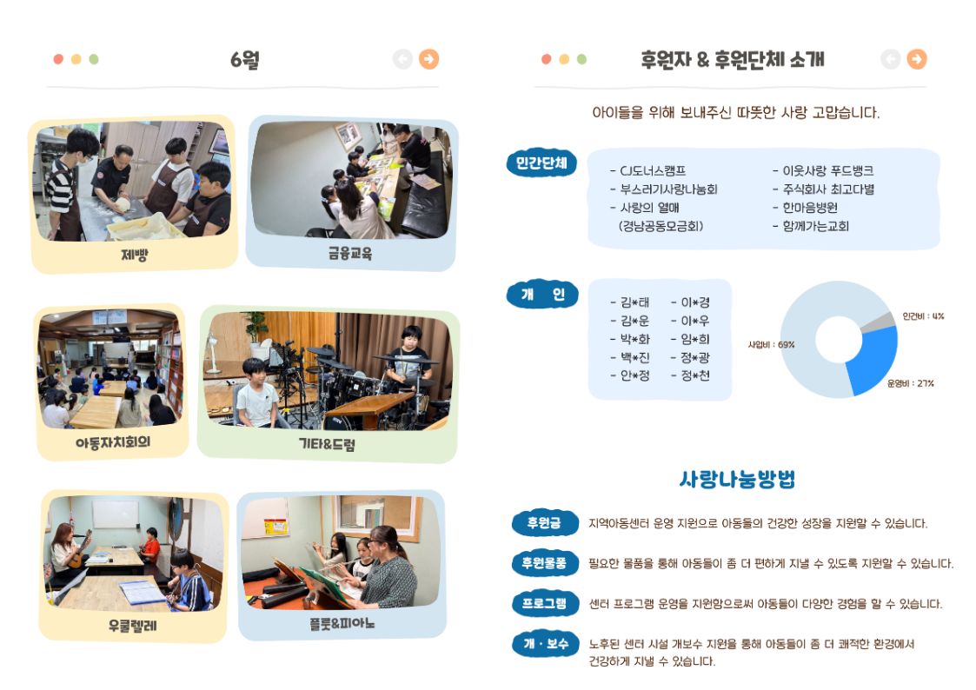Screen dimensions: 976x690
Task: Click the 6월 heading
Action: pyautogui.click(x=244, y=60)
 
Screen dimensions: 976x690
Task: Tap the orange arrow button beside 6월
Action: pyautogui.click(x=428, y=59)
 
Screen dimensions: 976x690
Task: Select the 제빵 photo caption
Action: pyautogui.click(x=134, y=255)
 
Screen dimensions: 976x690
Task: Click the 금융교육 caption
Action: pyautogui.click(x=350, y=253)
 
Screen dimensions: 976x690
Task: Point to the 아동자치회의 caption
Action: pyautogui.click(x=113, y=442)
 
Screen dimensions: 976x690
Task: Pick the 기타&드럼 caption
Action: pyautogui.click(x=327, y=444)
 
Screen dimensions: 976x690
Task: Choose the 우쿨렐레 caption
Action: pyautogui.click(x=133, y=626)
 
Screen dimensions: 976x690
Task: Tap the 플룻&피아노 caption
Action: pyautogui.click(x=342, y=623)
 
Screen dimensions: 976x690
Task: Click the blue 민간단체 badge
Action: pyautogui.click(x=541, y=163)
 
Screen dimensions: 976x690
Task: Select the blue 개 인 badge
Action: pyautogui.click(x=542, y=295)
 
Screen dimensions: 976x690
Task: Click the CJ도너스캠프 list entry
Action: pyautogui.click(x=648, y=170)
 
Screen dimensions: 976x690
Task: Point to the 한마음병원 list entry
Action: pyautogui.click(x=805, y=208)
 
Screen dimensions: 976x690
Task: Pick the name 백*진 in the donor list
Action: pyautogui.click(x=630, y=358)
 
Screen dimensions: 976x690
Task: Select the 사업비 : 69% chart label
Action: pyautogui.click(x=771, y=345)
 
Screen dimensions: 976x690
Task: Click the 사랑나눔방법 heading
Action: pyautogui.click(x=737, y=479)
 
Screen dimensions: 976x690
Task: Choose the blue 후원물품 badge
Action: pyautogui.click(x=544, y=563)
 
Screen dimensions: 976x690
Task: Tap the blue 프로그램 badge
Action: pyautogui.click(x=544, y=603)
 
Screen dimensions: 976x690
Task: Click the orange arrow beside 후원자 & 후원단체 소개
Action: pyautogui.click(x=916, y=59)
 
